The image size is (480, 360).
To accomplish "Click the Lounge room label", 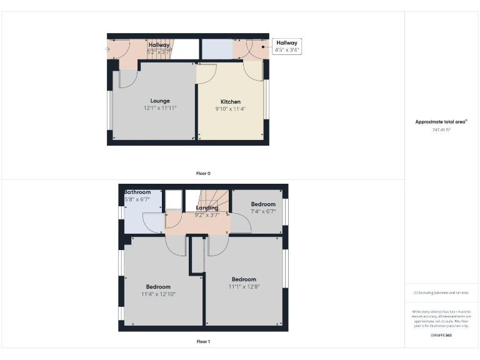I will pyautogui.click(x=160, y=101).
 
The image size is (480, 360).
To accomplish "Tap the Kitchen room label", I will pyautogui.click(x=231, y=102).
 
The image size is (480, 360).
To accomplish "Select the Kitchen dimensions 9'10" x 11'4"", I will pyautogui.click(x=231, y=109).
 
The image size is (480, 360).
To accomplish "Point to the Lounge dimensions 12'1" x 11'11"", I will pyautogui.click(x=160, y=108).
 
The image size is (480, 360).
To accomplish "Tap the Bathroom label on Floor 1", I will pyautogui.click(x=137, y=192).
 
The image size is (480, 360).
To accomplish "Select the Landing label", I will pyautogui.click(x=207, y=208).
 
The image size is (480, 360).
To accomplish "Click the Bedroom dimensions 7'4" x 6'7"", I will pyautogui.click(x=263, y=211).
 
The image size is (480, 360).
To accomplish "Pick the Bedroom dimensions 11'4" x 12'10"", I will pyautogui.click(x=158, y=294).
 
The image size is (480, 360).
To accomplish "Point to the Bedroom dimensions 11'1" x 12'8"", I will pyautogui.click(x=244, y=286).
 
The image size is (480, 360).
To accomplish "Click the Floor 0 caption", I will pyautogui.click(x=204, y=173).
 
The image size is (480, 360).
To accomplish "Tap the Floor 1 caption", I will pyautogui.click(x=204, y=342).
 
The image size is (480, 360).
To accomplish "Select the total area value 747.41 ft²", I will pyautogui.click(x=441, y=130).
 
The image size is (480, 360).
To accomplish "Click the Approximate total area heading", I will pyautogui.click(x=441, y=122).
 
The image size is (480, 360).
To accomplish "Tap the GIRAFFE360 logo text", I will pyautogui.click(x=441, y=336).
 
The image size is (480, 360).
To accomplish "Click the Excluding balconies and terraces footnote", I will pyautogui.click(x=441, y=292).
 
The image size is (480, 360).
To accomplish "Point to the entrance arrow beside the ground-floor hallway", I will pyautogui.click(x=109, y=48).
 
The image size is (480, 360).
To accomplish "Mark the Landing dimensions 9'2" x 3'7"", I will pyautogui.click(x=207, y=215).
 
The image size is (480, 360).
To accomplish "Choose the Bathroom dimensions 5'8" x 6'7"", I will pyautogui.click(x=137, y=199).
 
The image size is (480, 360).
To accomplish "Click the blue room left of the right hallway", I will pyautogui.click(x=217, y=49).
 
